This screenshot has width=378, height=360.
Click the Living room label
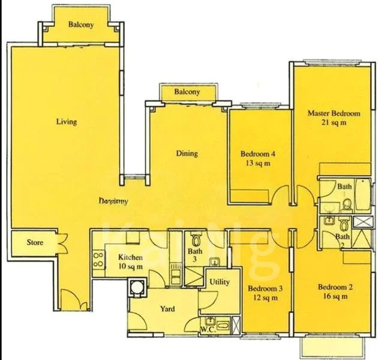(x=66, y=122)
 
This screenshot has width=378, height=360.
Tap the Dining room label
(x=187, y=154)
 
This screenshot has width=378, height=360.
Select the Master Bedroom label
(x=334, y=113)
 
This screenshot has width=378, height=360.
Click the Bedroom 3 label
(x=265, y=289)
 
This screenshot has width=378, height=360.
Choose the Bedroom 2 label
(x=335, y=287)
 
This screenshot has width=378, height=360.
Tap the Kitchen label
(x=130, y=257)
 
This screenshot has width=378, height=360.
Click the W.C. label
(x=208, y=329)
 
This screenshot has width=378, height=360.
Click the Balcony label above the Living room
(x=80, y=25)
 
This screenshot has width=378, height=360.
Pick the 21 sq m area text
(x=334, y=122)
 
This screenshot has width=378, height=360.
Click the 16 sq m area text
(x=335, y=296)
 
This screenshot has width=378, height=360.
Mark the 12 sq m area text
(x=265, y=298)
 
